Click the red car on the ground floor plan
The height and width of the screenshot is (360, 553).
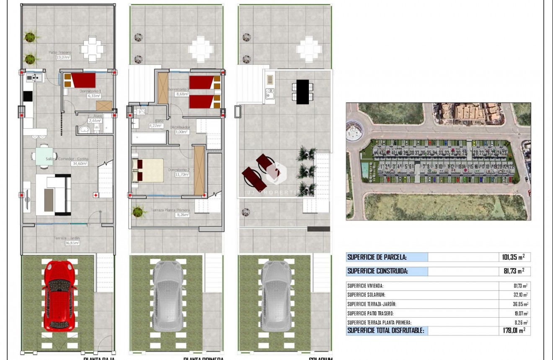tap(60, 295)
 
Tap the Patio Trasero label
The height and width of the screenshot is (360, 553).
tap(59, 52)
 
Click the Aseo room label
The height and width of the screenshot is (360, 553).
tap(98, 116)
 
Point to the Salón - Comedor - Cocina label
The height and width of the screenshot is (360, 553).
tap(67, 159)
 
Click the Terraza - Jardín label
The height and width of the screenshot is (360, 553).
tap(67, 238)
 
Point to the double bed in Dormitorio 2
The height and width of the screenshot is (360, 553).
tap(148, 170)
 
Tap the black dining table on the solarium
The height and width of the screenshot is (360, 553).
tap(302, 92)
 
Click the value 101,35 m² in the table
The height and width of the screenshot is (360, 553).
tap(513, 257)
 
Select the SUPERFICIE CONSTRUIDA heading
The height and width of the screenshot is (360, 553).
tap(377, 271)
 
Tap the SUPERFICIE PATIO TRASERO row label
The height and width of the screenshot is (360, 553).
tap(370, 313)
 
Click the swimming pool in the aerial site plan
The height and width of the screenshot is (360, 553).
tap(365, 169)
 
